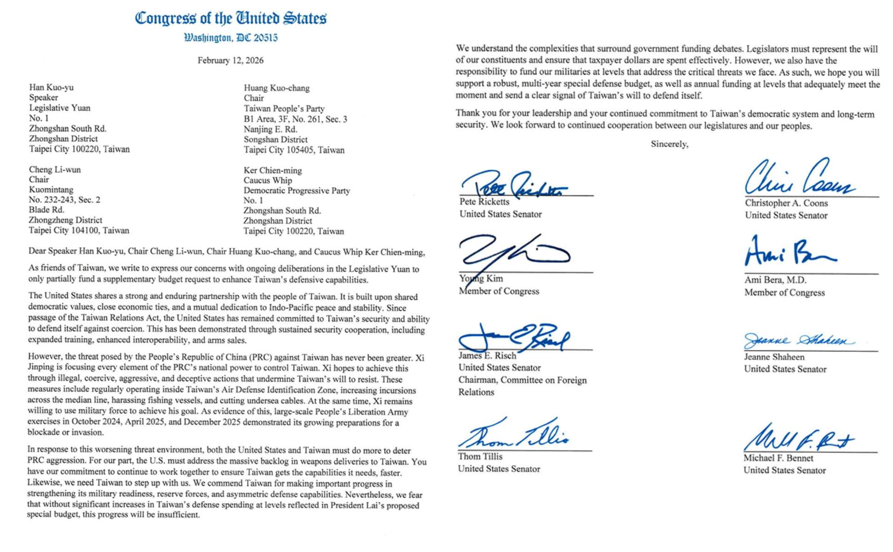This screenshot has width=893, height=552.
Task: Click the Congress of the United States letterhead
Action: point(231,18)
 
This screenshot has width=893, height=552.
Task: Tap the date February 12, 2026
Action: point(231,60)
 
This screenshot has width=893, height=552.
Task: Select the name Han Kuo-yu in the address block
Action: point(51,87)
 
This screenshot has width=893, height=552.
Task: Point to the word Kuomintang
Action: point(51,190)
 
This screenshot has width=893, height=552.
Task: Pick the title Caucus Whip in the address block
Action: point(267,180)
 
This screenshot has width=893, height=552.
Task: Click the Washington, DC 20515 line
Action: point(231,38)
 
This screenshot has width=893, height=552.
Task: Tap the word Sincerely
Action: point(669,144)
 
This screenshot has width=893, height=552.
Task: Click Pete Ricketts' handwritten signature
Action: point(513,185)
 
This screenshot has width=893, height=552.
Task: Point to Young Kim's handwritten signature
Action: point(511,253)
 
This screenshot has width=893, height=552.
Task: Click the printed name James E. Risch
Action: point(487,355)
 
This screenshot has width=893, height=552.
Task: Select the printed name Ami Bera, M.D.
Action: point(775,280)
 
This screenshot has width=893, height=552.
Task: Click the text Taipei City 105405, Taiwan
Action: point(294,150)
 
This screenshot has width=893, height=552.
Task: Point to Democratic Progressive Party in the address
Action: point(296,191)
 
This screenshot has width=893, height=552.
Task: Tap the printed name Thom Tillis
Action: point(480,457)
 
